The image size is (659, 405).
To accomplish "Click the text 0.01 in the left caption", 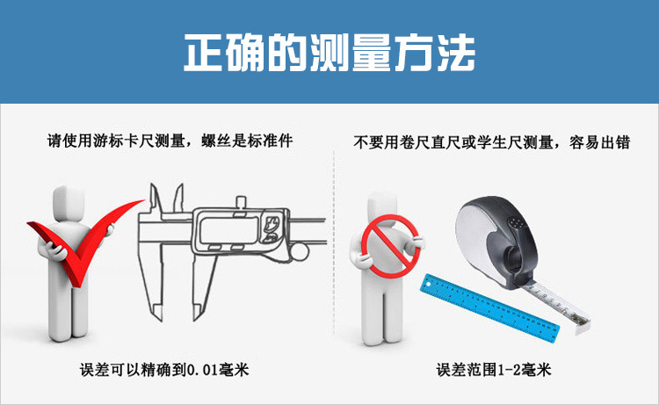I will (x=199, y=370).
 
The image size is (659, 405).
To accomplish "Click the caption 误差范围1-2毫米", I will (x=494, y=370).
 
